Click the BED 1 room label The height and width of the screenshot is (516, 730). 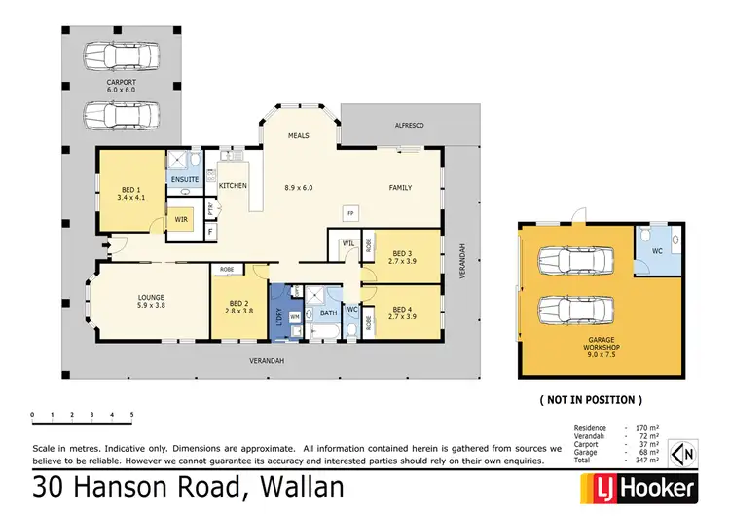[x=128, y=191]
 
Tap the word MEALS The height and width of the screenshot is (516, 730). [x=299, y=137]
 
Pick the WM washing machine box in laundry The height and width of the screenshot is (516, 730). [x=294, y=317]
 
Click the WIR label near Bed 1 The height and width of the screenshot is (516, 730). [x=181, y=221]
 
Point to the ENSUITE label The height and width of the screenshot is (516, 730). [x=184, y=179]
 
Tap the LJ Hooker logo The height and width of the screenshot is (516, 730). [x=639, y=487]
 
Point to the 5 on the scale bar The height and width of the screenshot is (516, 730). [x=131, y=415]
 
